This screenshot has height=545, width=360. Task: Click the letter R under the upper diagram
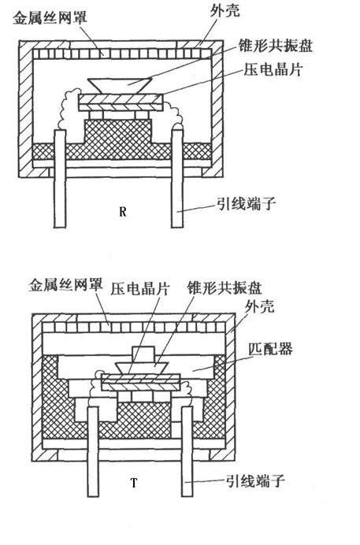[122, 212]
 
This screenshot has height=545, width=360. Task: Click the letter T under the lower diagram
[134, 483]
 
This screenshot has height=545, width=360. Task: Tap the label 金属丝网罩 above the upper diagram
[50, 18]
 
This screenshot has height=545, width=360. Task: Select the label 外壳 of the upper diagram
[225, 10]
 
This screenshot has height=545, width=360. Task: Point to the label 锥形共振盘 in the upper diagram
[276, 46]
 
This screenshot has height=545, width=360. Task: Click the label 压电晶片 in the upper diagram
[273, 69]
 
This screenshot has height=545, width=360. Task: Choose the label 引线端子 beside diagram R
[247, 203]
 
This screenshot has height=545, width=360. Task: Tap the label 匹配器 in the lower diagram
[271, 349]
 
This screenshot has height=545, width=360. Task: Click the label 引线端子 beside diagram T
[255, 481]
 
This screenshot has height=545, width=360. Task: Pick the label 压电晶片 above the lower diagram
[140, 289]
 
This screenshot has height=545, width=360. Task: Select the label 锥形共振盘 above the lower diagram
[225, 288]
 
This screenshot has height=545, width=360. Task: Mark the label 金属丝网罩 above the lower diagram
[66, 285]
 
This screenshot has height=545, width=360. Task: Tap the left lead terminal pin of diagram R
[59, 179]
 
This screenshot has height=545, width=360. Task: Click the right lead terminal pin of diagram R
[177, 178]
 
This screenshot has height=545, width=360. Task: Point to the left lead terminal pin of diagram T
[93, 451]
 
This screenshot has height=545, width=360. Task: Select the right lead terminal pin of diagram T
[187, 450]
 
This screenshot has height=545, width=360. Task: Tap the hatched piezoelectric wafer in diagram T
[141, 383]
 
